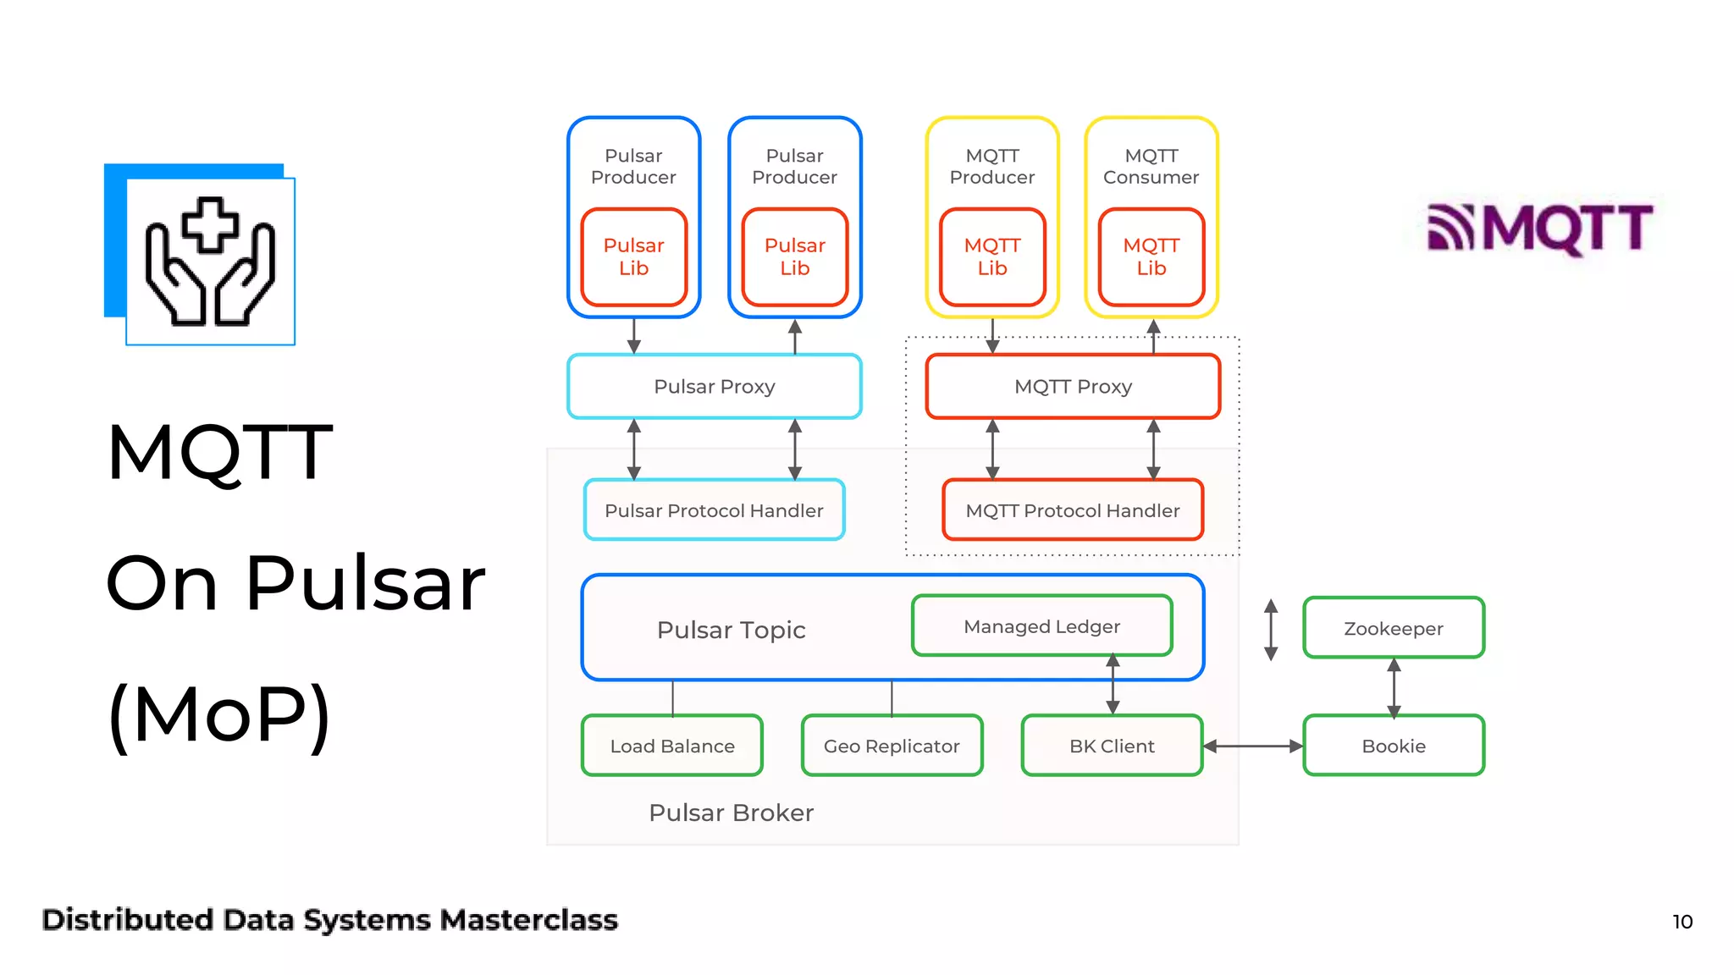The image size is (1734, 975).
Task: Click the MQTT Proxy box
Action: pyautogui.click(x=1073, y=387)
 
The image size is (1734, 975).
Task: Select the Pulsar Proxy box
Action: pyautogui.click(x=714, y=387)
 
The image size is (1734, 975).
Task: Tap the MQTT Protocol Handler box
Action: pyautogui.click(x=1073, y=510)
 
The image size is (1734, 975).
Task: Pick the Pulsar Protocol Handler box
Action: pyautogui.click(x=714, y=510)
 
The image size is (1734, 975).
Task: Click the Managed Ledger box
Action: pyautogui.click(x=1041, y=626)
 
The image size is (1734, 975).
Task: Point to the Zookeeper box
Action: pyautogui.click(x=1393, y=628)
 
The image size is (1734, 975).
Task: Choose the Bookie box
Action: pyautogui.click(x=1393, y=746)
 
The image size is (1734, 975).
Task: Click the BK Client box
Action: pyautogui.click(x=1112, y=746)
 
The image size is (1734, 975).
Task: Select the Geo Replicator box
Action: pyautogui.click(x=892, y=746)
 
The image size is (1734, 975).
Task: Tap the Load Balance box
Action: pyautogui.click(x=672, y=746)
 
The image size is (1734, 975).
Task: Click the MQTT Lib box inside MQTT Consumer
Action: pyautogui.click(x=1151, y=256)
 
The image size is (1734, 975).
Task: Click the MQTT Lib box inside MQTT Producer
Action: pyautogui.click(x=992, y=256)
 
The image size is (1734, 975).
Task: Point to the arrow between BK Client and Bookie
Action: pyautogui.click(x=1253, y=746)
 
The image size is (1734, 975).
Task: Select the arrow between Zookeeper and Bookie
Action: pyautogui.click(x=1394, y=686)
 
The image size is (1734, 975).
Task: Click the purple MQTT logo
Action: pyautogui.click(x=1539, y=228)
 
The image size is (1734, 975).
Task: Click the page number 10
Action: pyautogui.click(x=1682, y=922)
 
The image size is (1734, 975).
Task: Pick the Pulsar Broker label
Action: pyautogui.click(x=731, y=812)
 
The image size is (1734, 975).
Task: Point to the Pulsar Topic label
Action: pyautogui.click(x=731, y=630)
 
